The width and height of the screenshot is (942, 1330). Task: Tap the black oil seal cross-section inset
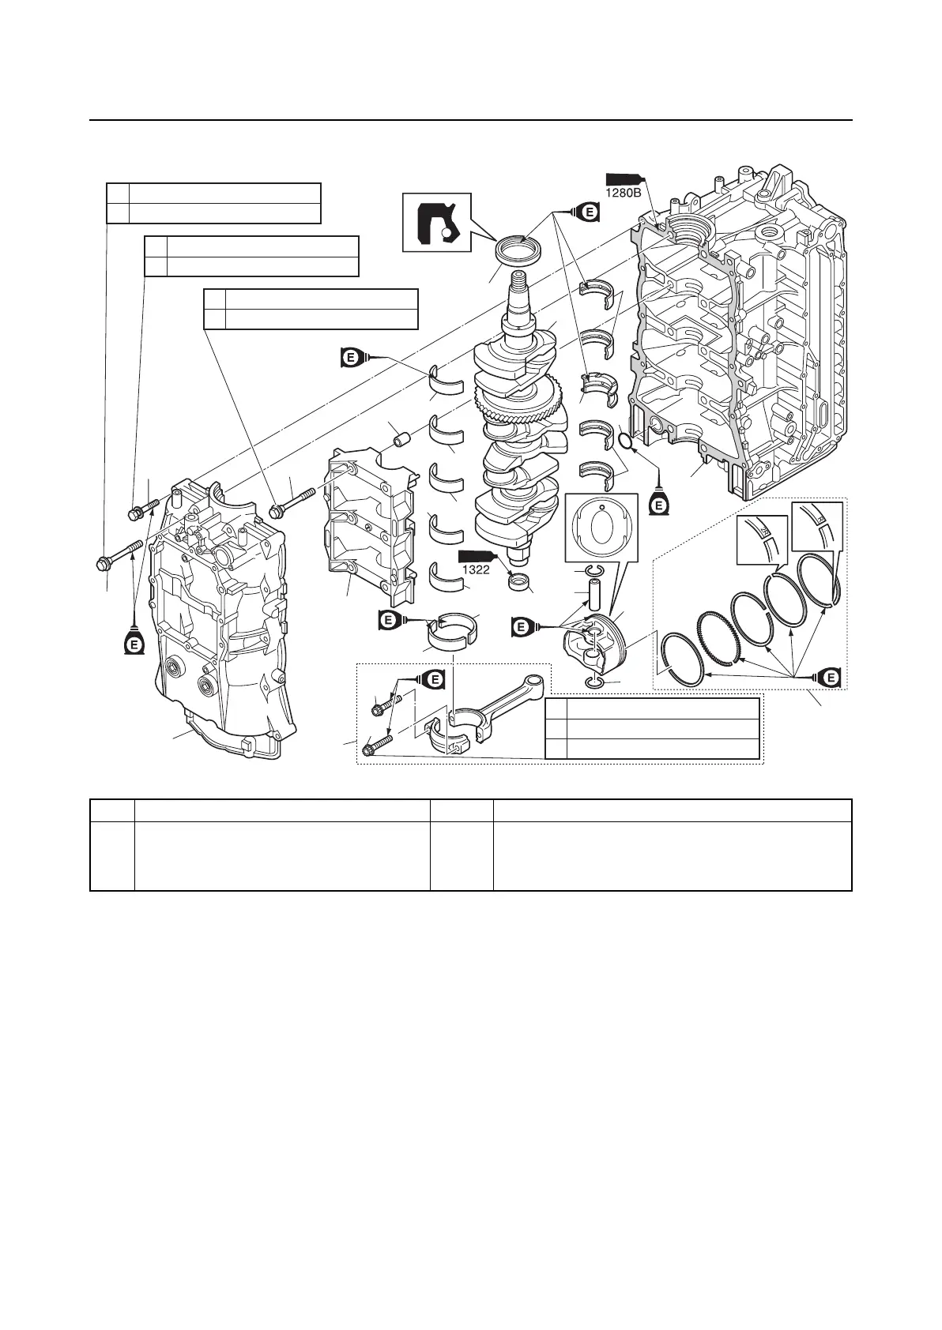click(x=437, y=221)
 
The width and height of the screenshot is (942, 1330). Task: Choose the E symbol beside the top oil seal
click(x=586, y=212)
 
